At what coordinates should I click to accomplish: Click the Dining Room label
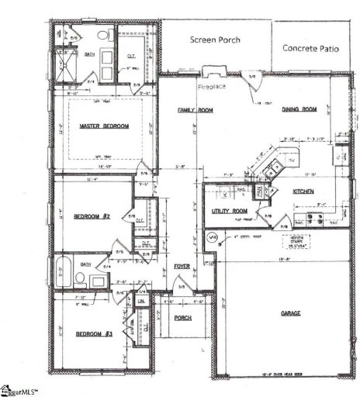click(299, 110)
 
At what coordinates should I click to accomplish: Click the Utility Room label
click(230, 211)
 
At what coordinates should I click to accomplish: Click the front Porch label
click(183, 318)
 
